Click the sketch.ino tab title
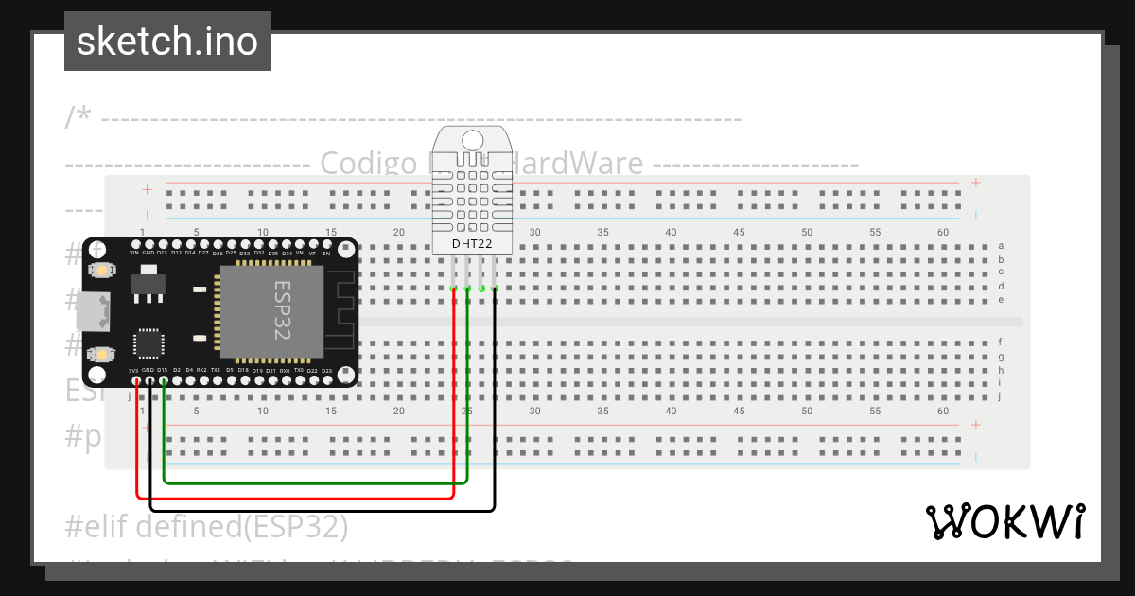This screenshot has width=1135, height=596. point(166,42)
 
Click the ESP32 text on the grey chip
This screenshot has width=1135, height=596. point(282,307)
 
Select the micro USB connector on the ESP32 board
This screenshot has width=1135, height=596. point(95,310)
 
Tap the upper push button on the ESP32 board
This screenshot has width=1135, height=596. point(99,272)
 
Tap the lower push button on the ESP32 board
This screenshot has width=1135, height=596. point(99,355)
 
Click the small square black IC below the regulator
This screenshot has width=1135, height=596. point(148,343)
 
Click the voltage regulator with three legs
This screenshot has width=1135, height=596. point(146,284)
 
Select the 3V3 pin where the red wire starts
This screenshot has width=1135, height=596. point(137,381)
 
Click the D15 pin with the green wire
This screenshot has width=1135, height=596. point(164,381)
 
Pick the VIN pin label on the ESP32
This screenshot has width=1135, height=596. point(134,254)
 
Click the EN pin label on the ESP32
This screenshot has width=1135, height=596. point(327,254)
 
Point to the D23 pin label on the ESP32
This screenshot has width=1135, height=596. point(326,371)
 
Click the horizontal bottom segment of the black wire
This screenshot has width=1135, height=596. point(322,511)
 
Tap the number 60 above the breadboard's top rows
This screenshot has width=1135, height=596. point(942,232)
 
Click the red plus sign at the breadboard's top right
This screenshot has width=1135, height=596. point(975,183)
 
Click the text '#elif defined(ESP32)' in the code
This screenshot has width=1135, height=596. point(207,525)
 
